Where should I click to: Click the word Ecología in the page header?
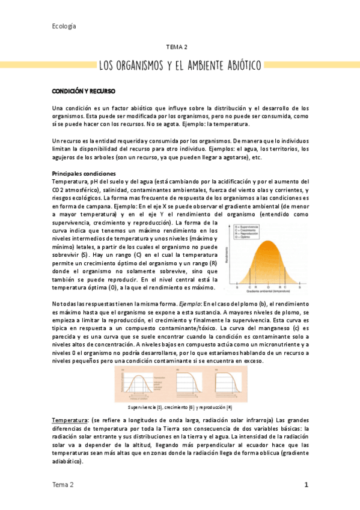(x=64, y=26)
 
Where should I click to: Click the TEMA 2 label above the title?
(x=177, y=46)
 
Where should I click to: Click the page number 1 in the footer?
(x=306, y=485)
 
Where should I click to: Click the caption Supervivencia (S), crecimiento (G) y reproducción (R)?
(x=180, y=407)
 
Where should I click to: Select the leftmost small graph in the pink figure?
(x=139, y=384)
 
